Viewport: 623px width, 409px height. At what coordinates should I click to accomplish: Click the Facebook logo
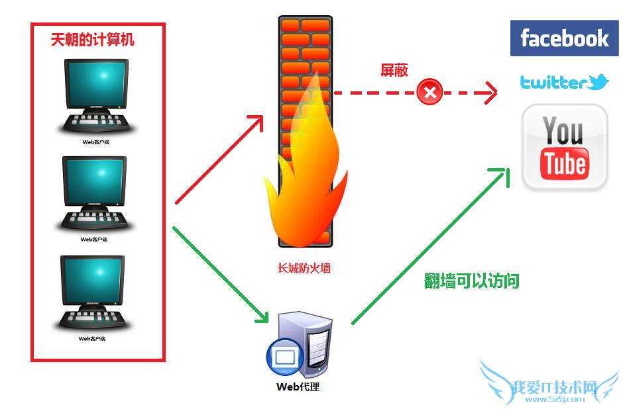[564, 38]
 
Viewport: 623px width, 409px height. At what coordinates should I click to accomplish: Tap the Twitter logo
[564, 82]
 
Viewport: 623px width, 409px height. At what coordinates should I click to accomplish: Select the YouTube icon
[565, 147]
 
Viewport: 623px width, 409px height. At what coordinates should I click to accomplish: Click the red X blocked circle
[429, 92]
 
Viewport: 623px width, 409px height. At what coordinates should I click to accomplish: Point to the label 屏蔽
[394, 71]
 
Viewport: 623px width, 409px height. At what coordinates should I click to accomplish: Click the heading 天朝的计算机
[92, 40]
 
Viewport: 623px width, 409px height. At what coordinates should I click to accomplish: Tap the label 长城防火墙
[304, 268]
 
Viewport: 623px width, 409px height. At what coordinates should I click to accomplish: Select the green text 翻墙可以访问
[471, 281]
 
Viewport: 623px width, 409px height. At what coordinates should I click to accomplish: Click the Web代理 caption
[298, 386]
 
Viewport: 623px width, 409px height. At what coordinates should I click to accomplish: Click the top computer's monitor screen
[95, 83]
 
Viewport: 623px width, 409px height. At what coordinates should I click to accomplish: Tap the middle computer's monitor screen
[93, 181]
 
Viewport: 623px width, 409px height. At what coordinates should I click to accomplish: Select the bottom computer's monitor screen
[92, 280]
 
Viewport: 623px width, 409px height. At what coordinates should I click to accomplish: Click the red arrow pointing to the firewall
[219, 159]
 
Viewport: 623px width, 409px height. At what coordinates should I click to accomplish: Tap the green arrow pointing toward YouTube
[431, 245]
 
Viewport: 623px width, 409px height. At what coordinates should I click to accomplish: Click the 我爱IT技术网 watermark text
[555, 387]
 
